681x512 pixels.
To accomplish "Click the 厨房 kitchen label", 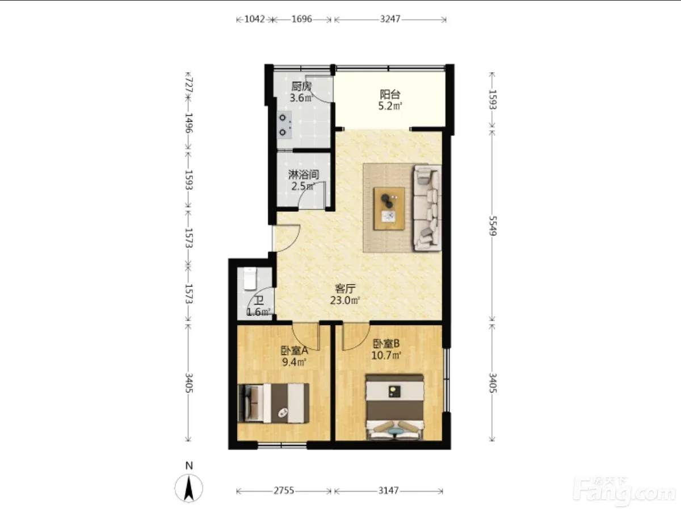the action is tap(301, 86).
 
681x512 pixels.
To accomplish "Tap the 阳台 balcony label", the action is tap(390, 94).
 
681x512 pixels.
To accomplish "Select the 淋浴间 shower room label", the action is tap(304, 174).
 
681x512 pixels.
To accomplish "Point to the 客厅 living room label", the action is tap(344, 289).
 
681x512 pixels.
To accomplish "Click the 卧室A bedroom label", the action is tap(294, 351).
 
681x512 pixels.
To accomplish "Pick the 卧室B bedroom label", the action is tap(386, 344).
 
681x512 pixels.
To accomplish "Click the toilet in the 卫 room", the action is tap(250, 279).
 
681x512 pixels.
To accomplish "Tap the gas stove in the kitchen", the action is tap(284, 124).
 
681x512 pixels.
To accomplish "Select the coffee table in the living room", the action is tap(389, 208).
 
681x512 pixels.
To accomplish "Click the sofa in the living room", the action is tap(427, 208).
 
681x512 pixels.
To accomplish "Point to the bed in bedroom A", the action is tap(273, 403).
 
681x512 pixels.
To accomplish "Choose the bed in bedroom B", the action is tap(394, 407).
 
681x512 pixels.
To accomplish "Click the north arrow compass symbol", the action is tap(188, 488).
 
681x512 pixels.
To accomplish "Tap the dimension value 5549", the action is tap(493, 226).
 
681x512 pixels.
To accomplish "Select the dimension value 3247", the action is tap(390, 19).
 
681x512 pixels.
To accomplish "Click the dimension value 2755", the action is tap(284, 490).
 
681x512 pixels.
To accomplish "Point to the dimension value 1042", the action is tap(254, 19).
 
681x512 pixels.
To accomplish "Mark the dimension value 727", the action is tap(188, 85).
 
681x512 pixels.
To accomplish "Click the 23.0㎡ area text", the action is tap(344, 301).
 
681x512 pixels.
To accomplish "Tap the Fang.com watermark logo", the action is tap(624, 492).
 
